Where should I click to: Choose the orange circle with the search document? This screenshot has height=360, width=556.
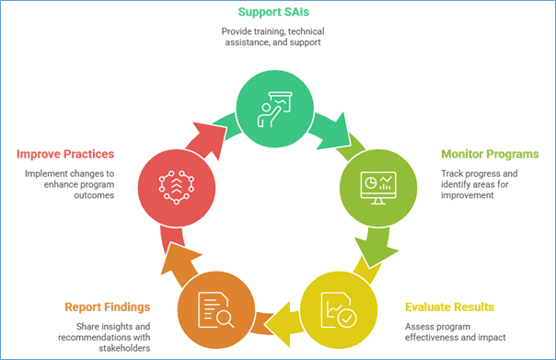point(214,308)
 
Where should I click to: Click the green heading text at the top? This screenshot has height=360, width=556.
point(272,12)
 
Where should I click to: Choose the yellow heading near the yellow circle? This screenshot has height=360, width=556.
point(449,306)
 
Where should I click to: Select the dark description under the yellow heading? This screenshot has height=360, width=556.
point(455,330)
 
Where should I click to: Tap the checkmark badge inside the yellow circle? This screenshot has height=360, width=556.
point(346,318)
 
